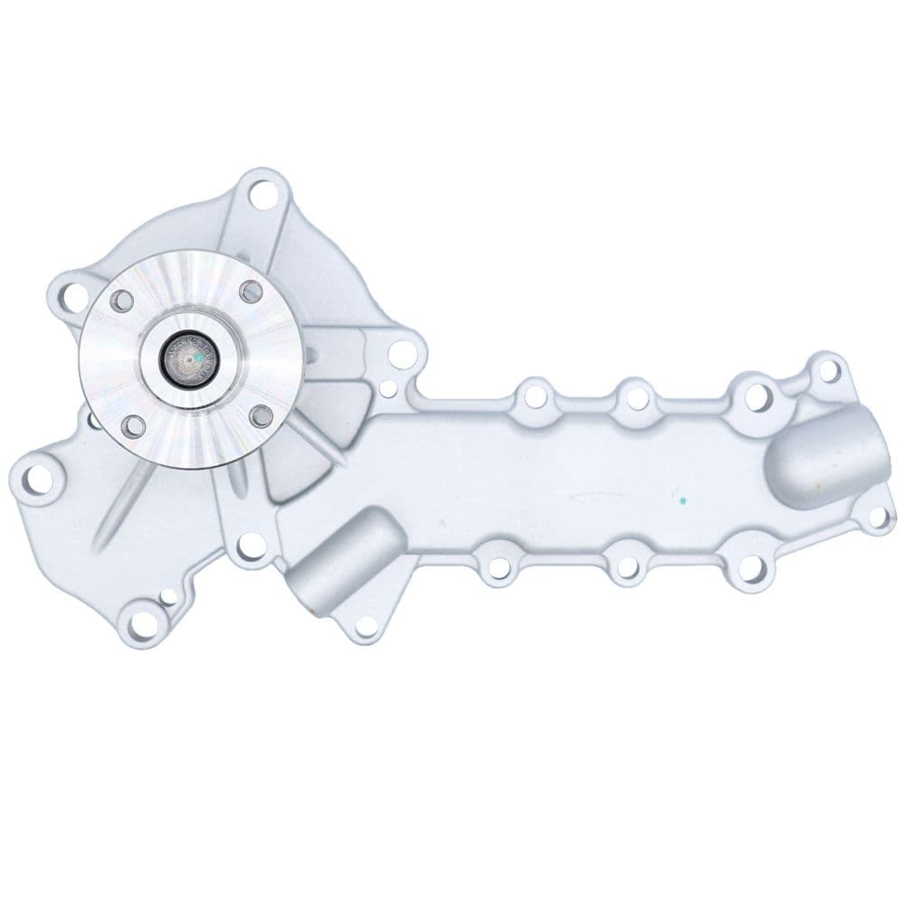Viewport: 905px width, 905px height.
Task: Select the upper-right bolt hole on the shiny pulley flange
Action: tap(252, 291)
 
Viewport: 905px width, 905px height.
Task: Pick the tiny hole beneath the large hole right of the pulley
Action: tap(386, 391)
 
